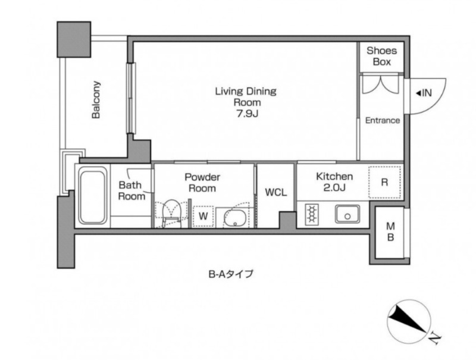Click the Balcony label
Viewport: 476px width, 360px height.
[96, 99]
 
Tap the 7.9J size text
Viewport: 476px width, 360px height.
[247, 114]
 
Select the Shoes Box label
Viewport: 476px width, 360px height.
[381, 56]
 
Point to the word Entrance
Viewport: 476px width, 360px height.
[382, 121]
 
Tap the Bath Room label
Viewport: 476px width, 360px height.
[131, 190]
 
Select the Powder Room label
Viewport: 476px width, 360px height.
[202, 183]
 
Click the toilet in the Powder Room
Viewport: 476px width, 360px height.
[171, 212]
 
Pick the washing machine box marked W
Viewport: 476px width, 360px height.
[203, 217]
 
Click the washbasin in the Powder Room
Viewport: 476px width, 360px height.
[234, 218]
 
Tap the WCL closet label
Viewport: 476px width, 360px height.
[275, 192]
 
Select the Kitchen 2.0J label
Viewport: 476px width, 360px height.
[334, 182]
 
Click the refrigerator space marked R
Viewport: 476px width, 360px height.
[384, 183]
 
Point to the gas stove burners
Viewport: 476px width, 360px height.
[311, 214]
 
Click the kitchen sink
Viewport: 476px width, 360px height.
[347, 214]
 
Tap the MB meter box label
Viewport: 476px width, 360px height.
[390, 232]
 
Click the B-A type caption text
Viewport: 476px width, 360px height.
[230, 274]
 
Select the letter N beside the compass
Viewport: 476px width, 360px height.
[436, 338]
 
